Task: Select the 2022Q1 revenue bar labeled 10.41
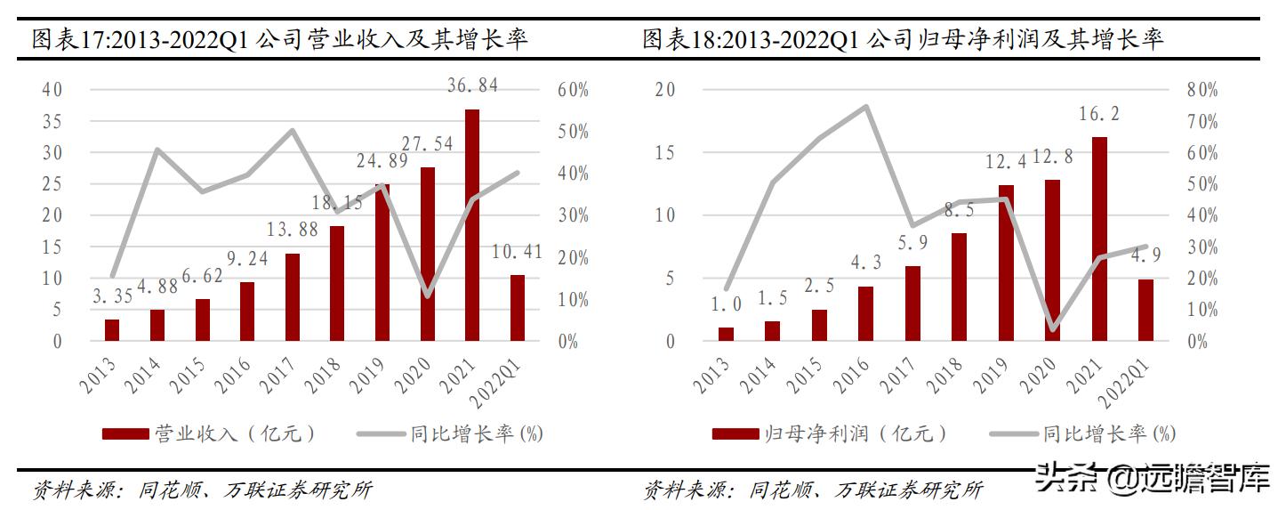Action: click(518, 308)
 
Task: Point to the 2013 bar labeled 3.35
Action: click(111, 330)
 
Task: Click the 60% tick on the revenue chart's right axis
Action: click(574, 90)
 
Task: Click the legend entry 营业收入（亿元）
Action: click(209, 433)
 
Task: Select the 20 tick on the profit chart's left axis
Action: click(664, 90)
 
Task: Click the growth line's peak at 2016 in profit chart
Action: click(866, 106)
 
